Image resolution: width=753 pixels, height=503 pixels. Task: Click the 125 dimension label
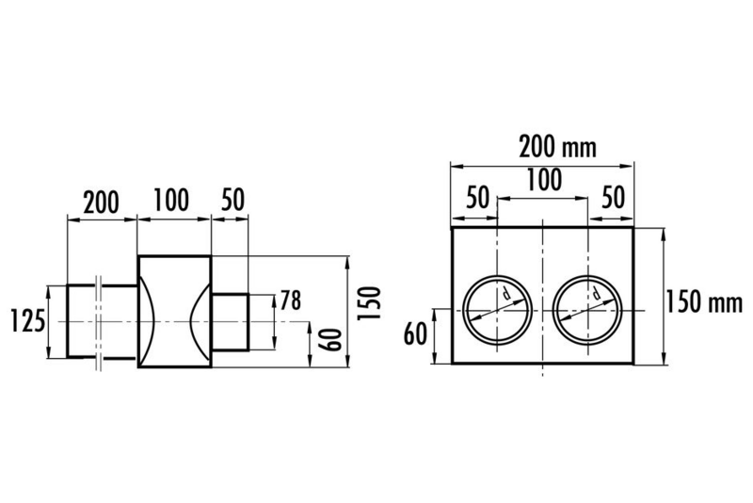point(28,321)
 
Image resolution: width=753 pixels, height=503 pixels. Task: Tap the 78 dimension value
point(291,300)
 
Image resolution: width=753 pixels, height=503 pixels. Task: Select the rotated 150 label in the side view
point(369,302)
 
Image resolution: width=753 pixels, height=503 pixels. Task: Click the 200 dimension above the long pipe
point(102,203)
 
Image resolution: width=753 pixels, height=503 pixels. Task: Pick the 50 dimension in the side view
point(232,200)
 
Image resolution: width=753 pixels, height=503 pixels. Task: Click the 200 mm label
point(557,147)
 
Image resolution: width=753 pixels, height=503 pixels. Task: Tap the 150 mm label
point(704,302)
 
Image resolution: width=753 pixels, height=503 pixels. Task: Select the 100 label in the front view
point(544,181)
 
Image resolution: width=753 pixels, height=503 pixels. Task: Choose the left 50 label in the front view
point(477,198)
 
